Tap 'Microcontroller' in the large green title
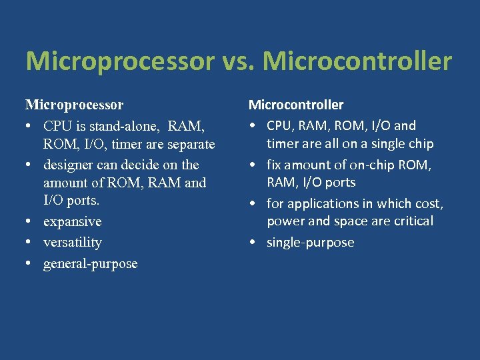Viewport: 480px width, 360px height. click(357, 61)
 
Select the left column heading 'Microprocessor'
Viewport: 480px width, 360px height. click(74, 105)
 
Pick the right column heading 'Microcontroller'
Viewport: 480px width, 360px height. click(296, 105)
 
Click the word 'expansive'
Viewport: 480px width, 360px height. click(72, 221)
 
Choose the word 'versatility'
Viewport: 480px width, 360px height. click(72, 242)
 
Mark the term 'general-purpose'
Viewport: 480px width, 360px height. click(90, 263)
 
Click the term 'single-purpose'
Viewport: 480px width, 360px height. click(310, 242)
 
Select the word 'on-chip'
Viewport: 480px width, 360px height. click(380, 164)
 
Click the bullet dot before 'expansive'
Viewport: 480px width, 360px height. click(31, 221)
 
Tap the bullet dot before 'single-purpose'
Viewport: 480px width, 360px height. click(254, 242)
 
